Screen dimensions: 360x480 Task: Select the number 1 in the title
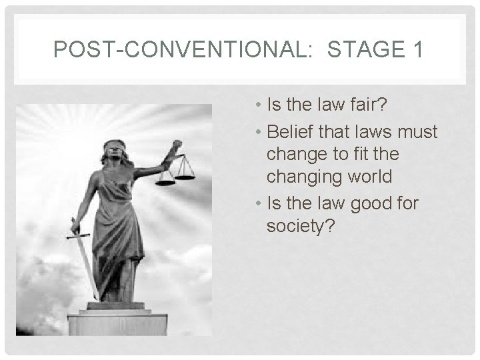coord(416,50)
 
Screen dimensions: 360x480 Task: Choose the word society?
coord(302,226)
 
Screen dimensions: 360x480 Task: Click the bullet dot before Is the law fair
coord(258,105)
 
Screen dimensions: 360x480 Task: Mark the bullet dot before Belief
coord(258,133)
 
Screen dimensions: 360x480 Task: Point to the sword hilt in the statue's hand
coord(75,230)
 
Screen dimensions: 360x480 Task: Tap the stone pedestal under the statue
coord(116,323)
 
